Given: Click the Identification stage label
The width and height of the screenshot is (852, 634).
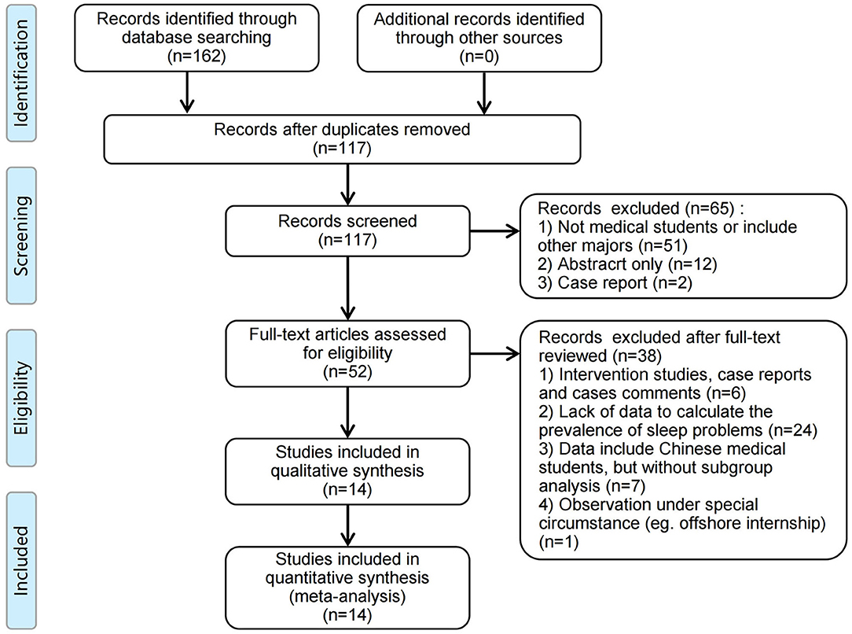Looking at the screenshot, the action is tap(21, 73).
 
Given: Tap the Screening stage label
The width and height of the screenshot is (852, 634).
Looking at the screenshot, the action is tap(21, 235).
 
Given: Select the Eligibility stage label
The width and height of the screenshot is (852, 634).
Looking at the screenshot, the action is tap(21, 398).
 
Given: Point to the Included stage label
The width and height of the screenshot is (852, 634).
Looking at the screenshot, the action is tap(21, 561).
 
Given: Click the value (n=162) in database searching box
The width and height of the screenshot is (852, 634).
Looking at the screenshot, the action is tap(196, 56).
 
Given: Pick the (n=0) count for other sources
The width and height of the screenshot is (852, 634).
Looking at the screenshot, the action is tap(479, 56).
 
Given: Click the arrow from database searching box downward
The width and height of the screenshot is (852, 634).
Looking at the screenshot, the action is tap(187, 93).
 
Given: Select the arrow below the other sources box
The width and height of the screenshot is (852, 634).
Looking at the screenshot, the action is tap(483, 93).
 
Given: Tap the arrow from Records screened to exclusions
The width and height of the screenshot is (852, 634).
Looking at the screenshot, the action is tap(494, 231).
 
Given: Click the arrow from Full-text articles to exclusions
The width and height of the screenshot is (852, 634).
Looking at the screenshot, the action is tap(494, 355).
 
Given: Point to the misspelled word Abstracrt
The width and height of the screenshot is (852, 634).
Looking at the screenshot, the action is tap(610, 264).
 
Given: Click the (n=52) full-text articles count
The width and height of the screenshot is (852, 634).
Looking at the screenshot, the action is tap(347, 371).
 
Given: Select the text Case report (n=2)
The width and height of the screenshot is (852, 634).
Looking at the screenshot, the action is tap(625, 282).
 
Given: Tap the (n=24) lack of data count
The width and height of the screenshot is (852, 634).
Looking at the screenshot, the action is tap(793, 430).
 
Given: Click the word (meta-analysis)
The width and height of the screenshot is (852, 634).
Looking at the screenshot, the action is tap(347, 596).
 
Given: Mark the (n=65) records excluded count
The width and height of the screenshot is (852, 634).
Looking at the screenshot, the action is tap(710, 208).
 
